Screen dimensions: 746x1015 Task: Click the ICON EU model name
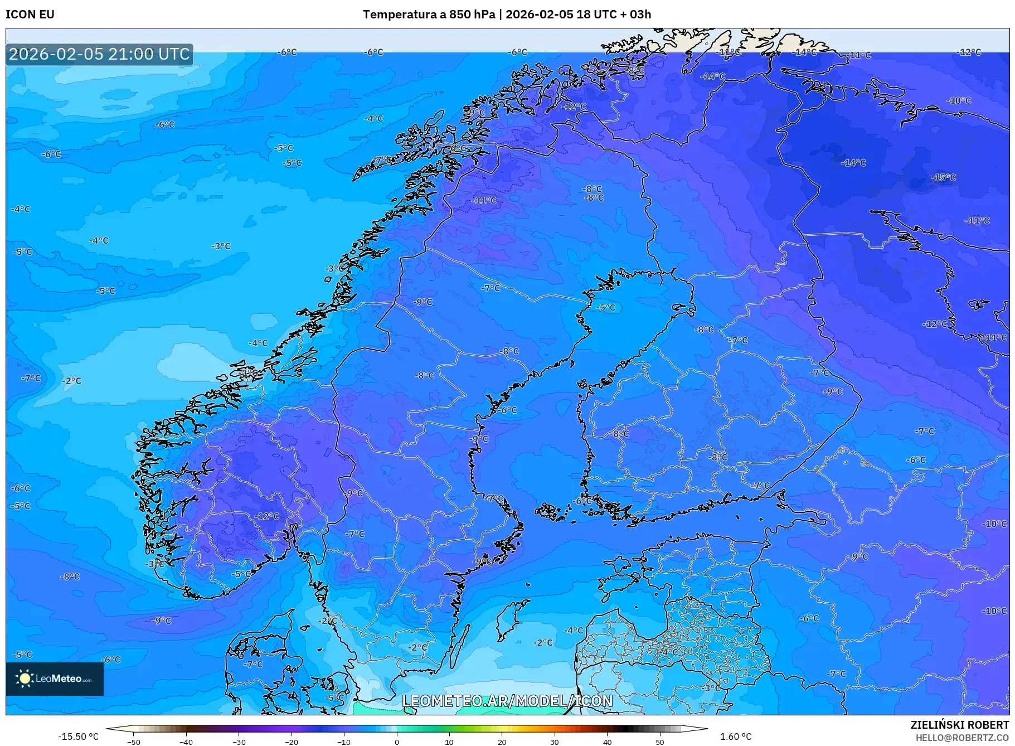[x=30, y=14]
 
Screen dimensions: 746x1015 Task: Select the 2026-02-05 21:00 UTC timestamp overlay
[x=99, y=54]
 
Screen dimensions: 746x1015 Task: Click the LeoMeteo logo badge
[x=55, y=679]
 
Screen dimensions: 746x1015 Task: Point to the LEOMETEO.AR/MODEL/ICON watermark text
[x=507, y=701]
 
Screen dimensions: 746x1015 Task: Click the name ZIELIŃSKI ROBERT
[x=959, y=725]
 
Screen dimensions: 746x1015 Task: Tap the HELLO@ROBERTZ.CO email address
[x=962, y=738]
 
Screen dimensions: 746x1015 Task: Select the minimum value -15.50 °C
[x=78, y=737]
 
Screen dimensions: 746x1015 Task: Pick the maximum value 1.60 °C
[x=735, y=737]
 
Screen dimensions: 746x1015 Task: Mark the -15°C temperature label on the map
[x=943, y=177]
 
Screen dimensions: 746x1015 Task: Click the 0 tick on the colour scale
[x=397, y=742]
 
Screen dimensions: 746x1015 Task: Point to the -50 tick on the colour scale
[x=134, y=742]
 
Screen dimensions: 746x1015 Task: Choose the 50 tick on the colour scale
[x=660, y=742]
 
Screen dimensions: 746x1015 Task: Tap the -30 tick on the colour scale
[x=239, y=742]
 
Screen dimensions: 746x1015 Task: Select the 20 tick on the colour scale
[x=502, y=742]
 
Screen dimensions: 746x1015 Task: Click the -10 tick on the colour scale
[x=344, y=742]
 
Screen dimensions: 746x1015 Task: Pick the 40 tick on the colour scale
[x=608, y=742]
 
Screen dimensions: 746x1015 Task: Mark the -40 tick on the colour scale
[x=186, y=742]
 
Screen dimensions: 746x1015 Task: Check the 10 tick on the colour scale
[x=449, y=742]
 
